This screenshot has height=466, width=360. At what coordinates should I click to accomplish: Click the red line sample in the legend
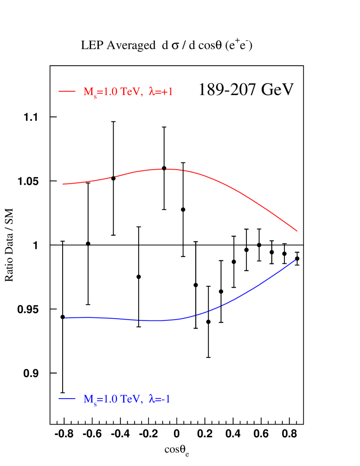pos(67,91)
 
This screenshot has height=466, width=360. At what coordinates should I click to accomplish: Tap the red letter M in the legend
pos(88,92)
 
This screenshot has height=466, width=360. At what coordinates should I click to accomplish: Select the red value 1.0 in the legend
pos(111,92)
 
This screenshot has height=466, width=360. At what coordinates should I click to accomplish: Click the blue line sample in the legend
pos(67,398)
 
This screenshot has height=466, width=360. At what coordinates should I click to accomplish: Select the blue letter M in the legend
pos(88,399)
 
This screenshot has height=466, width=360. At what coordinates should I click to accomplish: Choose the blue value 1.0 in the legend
pos(111,399)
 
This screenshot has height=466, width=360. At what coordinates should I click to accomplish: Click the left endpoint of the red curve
pos(63,184)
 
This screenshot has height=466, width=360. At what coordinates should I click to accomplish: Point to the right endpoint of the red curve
pos(297,231)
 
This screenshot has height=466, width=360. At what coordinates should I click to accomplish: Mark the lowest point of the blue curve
pos(158,321)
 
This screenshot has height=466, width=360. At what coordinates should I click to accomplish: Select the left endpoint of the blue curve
pos(65,318)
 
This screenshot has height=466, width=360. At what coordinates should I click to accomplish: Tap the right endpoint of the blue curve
pos(295,260)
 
